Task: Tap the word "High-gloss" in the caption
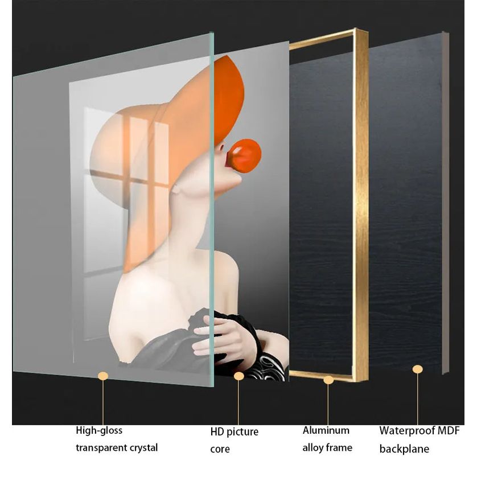pos(99,430)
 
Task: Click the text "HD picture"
pos(235,431)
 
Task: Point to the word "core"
pos(220,449)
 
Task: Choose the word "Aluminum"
pos(326,430)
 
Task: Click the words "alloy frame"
pos(327,448)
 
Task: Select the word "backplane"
pos(404,449)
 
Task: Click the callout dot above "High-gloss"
pos(103,376)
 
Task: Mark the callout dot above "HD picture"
pos(239,376)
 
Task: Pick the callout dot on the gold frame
pos(328,380)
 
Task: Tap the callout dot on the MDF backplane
pos(417,369)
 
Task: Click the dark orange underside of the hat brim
pos(229,97)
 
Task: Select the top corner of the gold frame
pos(356,28)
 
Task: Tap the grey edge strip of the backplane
pos(445,202)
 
